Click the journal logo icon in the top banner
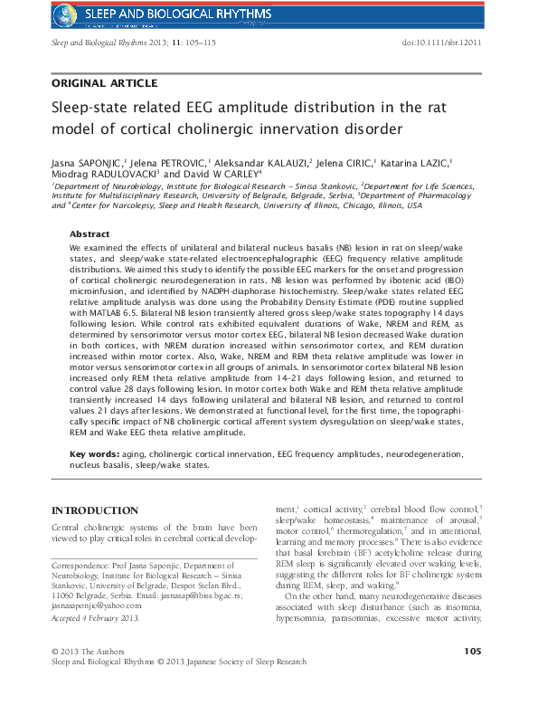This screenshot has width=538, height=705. click(x=66, y=13)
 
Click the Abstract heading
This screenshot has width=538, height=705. click(x=90, y=233)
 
